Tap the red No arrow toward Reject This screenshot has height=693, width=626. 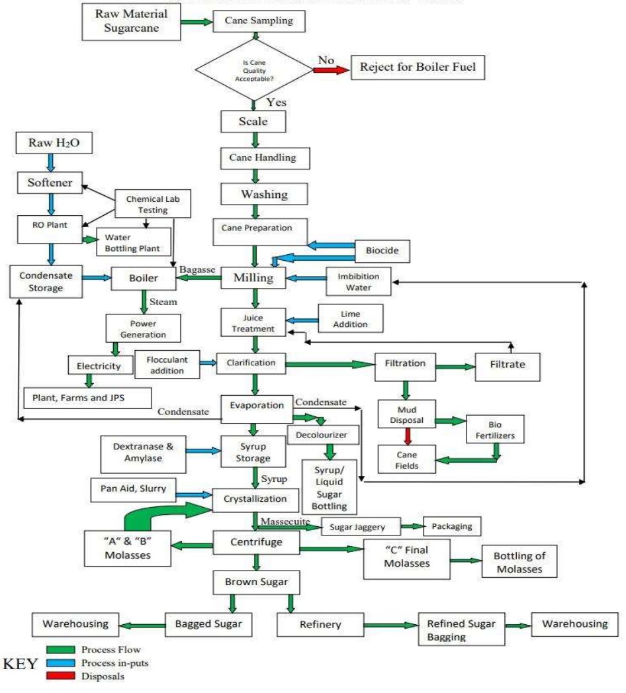coord(330,68)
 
